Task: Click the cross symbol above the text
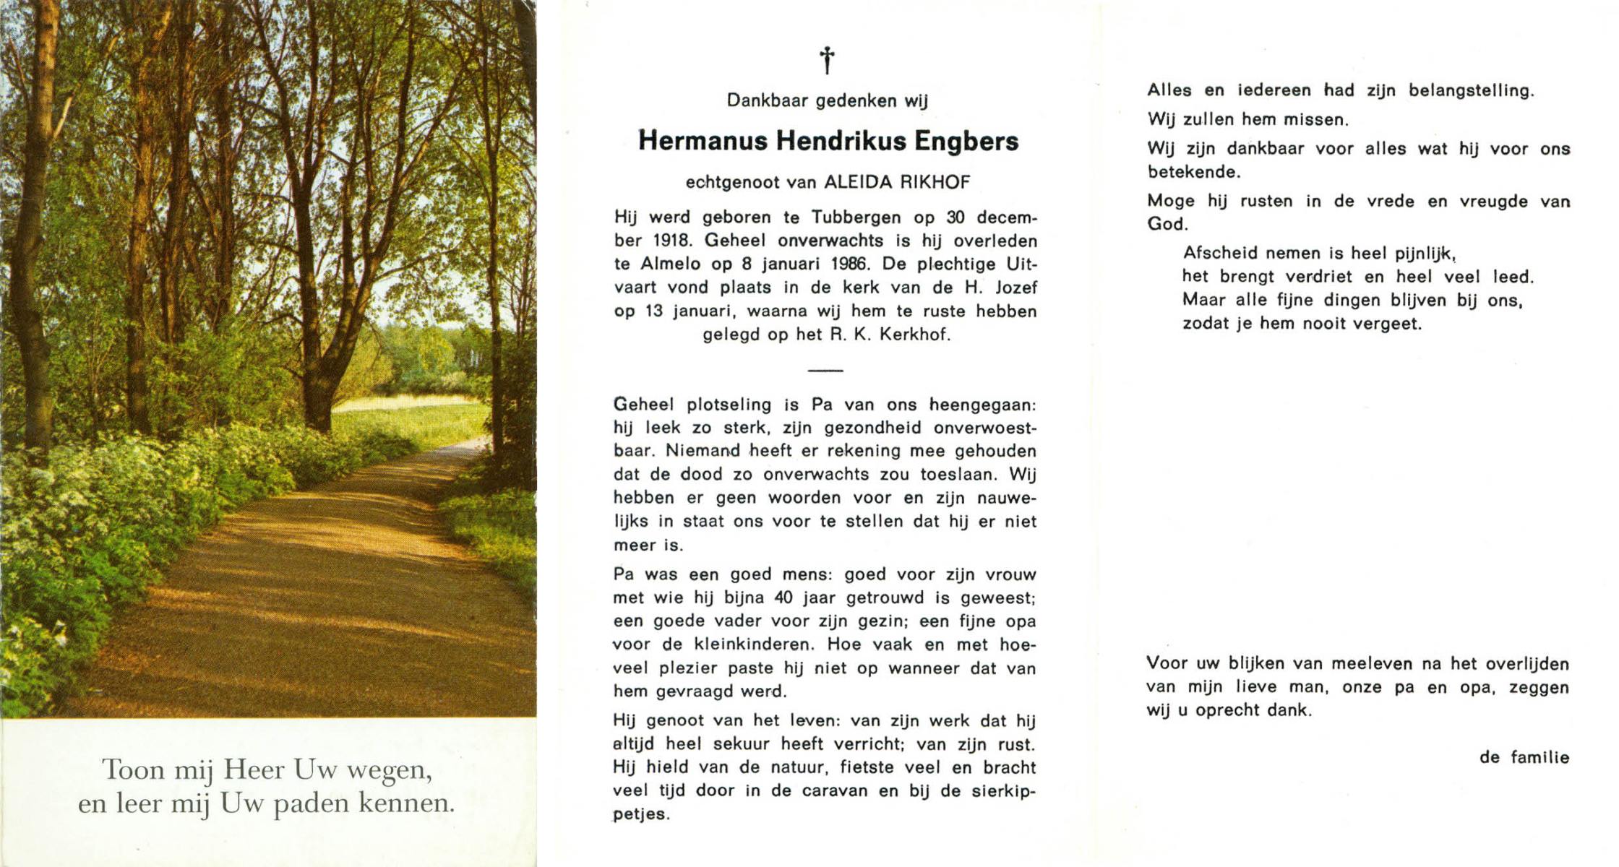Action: pos(827,60)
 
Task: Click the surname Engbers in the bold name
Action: pos(966,141)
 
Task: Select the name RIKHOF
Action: pos(935,182)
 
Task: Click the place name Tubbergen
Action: pos(856,217)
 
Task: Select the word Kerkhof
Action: pos(915,335)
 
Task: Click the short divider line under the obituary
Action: pos(825,370)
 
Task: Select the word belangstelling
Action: pos(1471,90)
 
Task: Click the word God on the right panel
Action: pos(1165,224)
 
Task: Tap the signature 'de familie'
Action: pos(1524,757)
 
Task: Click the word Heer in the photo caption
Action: pos(254,769)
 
